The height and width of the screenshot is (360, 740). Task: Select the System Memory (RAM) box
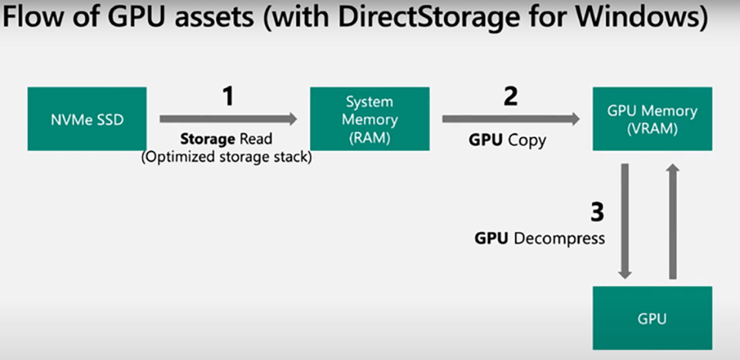coord(369,119)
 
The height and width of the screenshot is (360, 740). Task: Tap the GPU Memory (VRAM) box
coord(651,119)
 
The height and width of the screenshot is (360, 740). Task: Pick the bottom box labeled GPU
coord(651,317)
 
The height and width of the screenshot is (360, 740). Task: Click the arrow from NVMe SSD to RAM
coord(228,119)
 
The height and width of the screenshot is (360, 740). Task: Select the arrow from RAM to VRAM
coord(511,119)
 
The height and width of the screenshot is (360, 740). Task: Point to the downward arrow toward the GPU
coord(625,220)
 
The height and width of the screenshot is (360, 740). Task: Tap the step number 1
coord(227,96)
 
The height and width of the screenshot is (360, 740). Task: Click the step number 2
coord(510,96)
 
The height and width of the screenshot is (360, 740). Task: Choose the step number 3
coord(597,212)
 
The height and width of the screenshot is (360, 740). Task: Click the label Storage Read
coord(227,140)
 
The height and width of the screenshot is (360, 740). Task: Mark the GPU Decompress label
coord(540,238)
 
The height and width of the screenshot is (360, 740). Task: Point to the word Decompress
coord(558,238)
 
